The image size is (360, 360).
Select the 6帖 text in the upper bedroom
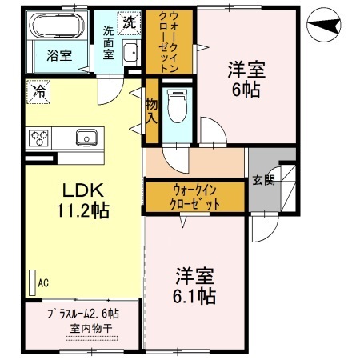pos(246,90)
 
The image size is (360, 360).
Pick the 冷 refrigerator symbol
pos(36,92)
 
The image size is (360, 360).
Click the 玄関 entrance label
pos(263,180)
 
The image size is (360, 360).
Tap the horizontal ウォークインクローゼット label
pos(194,197)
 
